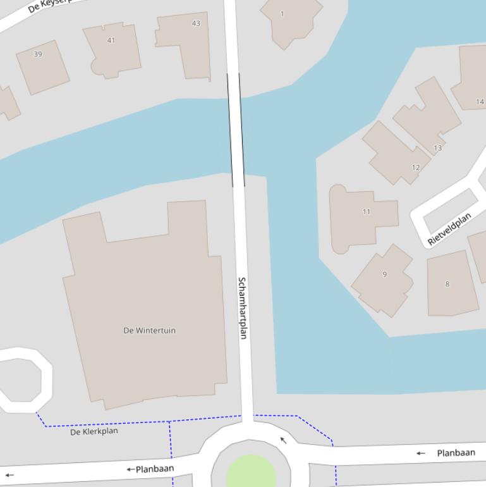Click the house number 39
click(x=38, y=54)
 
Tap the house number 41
click(x=111, y=40)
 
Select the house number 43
click(x=196, y=23)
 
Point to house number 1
click(x=282, y=13)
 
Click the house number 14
click(x=480, y=101)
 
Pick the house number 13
click(x=437, y=148)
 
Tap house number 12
click(x=415, y=168)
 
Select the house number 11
click(x=367, y=212)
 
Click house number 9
click(x=384, y=274)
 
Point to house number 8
click(x=447, y=284)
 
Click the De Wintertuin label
click(x=149, y=330)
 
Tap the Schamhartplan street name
click(x=242, y=307)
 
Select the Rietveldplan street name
click(x=449, y=229)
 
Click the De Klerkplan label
click(x=94, y=431)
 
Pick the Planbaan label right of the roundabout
click(x=456, y=453)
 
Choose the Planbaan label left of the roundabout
click(x=154, y=469)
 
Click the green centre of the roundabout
click(x=251, y=473)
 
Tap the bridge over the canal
click(x=236, y=130)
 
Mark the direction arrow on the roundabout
click(x=284, y=440)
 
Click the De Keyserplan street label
click(x=47, y=6)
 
